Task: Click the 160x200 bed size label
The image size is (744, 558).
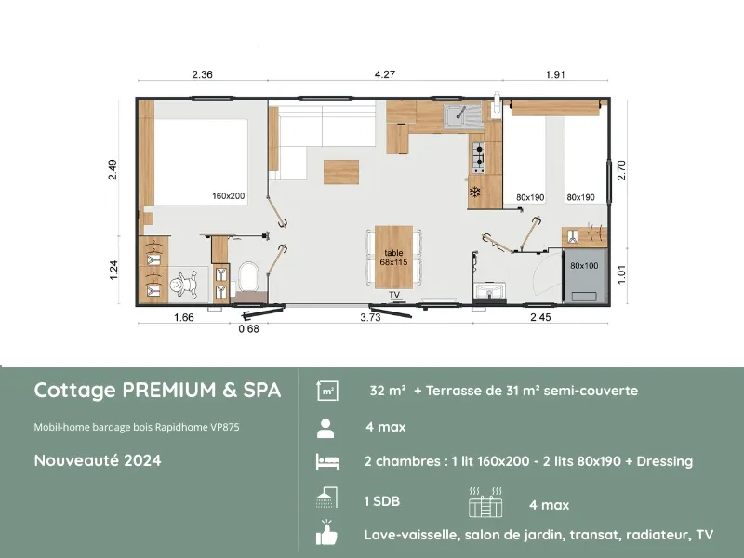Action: [228, 196]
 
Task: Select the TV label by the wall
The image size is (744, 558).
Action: [394, 295]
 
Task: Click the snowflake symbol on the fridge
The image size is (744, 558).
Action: [474, 193]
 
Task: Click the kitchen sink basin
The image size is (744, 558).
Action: [458, 115]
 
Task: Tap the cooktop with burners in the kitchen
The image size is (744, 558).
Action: [478, 158]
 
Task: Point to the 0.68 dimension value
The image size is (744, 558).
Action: [248, 328]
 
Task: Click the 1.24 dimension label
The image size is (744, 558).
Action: [113, 270]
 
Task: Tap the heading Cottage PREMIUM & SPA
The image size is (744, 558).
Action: [157, 391]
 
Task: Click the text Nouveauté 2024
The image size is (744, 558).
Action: [98, 460]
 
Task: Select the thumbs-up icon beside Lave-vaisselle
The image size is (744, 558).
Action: [326, 534]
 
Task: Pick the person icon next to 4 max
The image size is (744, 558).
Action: [326, 428]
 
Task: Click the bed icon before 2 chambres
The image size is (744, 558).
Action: [326, 462]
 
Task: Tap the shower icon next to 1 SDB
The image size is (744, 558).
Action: [326, 499]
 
